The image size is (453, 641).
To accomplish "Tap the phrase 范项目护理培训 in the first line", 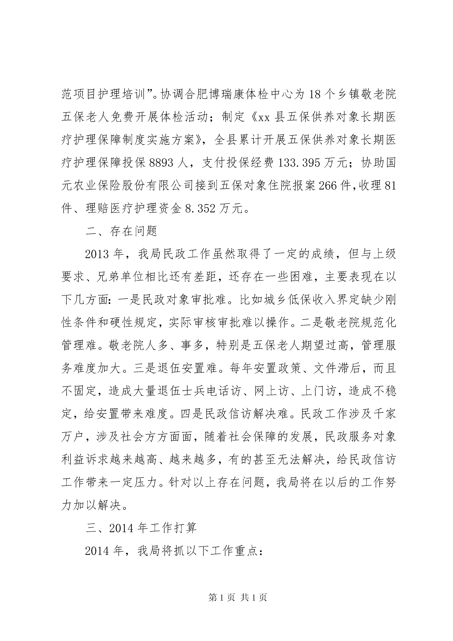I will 103,95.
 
